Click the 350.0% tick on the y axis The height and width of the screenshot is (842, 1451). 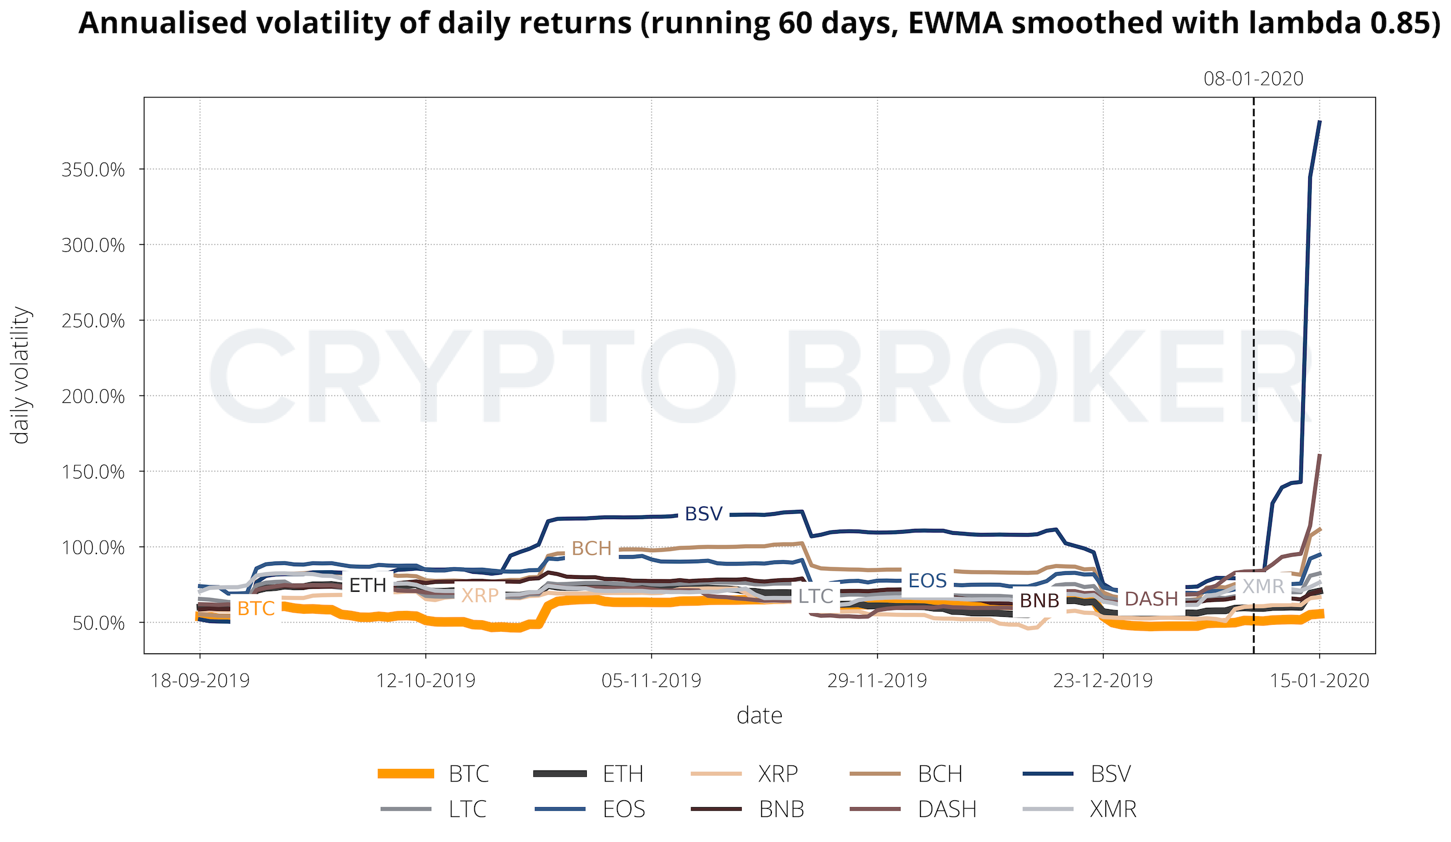coord(93,170)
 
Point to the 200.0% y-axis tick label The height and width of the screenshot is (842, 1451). coord(93,397)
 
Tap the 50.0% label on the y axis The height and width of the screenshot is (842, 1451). coord(98,623)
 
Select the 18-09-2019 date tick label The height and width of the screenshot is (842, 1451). coord(200,681)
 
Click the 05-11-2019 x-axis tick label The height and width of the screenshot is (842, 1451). coord(651,681)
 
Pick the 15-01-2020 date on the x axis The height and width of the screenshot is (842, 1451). coord(1319,681)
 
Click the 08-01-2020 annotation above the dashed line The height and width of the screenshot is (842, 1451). coord(1253,79)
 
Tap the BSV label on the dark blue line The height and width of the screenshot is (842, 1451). coord(703,514)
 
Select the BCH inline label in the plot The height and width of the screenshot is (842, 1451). coord(591,548)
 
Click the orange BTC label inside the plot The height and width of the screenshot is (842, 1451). coord(256,609)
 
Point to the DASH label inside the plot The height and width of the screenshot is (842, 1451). coord(1152,599)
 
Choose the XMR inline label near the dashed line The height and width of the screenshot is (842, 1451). coord(1263,586)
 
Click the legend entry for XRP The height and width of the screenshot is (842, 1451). coord(778,774)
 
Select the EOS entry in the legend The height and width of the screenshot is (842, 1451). coord(623,809)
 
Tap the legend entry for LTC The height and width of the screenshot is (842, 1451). coord(467,809)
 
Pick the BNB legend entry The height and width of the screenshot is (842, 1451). coord(781,809)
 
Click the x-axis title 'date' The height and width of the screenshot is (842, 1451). coord(759,716)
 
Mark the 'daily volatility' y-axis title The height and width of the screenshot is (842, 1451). coord(21,375)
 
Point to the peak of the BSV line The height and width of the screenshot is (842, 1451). coord(1320,121)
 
